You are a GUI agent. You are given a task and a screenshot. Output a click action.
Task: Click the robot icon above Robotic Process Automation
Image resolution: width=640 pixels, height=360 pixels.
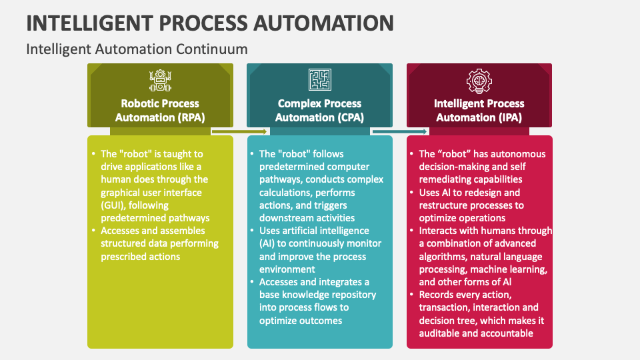(x=160, y=80)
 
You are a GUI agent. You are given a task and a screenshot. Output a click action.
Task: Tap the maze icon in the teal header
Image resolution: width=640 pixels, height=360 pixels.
(x=319, y=80)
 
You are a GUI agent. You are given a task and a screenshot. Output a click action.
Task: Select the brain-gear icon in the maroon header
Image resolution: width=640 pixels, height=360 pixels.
(x=479, y=81)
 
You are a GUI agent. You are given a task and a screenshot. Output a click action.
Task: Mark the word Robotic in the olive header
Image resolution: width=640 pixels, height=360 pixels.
(x=141, y=103)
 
